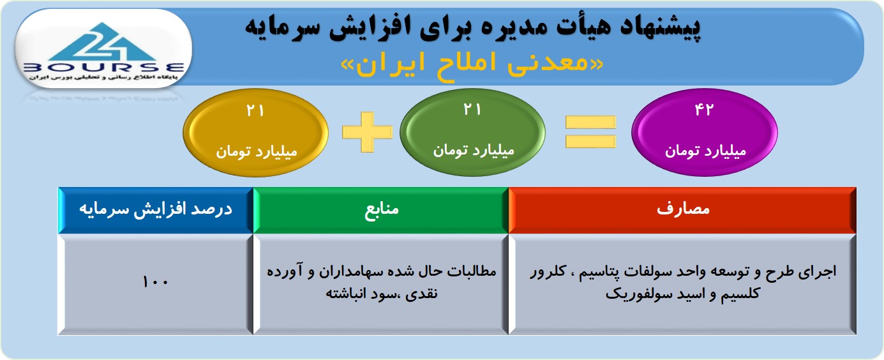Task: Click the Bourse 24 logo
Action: click(x=103, y=50)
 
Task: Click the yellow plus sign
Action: click(x=368, y=132)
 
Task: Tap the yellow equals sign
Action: click(x=590, y=132)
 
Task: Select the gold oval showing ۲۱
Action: click(x=256, y=133)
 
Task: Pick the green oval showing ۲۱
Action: click(x=472, y=132)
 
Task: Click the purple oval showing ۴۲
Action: click(x=705, y=132)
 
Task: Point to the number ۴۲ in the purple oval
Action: click(x=705, y=109)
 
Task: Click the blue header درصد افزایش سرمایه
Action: click(x=156, y=210)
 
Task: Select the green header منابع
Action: click(x=381, y=210)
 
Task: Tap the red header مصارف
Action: click(x=683, y=210)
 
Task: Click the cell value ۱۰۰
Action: click(x=156, y=282)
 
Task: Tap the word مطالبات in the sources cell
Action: click(x=472, y=271)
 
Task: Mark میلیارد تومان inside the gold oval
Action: click(x=257, y=152)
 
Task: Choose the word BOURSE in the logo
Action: click(x=103, y=68)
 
